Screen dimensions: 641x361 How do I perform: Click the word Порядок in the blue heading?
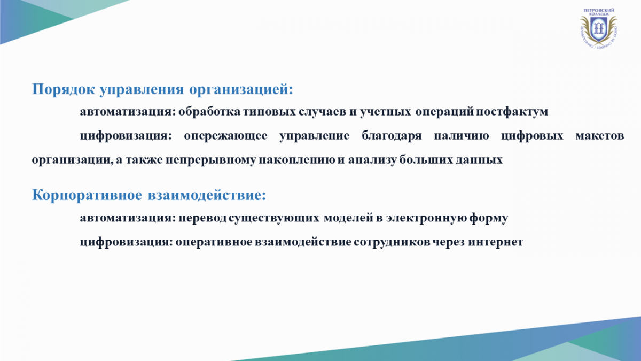tap(63, 89)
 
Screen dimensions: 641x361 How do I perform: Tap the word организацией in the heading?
tap(241, 89)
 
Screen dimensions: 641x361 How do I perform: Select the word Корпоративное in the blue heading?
tap(87, 195)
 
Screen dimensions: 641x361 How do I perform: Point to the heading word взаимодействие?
tap(207, 195)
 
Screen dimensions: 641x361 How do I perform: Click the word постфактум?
tap(512, 111)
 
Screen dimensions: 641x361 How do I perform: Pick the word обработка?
tap(209, 111)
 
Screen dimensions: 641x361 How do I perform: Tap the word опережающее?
tap(225, 135)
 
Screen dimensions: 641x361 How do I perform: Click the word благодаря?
tap(392, 135)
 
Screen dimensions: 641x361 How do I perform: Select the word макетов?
tap(600, 135)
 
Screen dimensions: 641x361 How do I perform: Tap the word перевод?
tap(202, 218)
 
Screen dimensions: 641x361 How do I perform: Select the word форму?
tap(489, 218)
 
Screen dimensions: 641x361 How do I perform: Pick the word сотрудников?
tap(392, 242)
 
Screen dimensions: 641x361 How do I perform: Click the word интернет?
tap(496, 242)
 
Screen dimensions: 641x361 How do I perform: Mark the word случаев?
tap(323, 111)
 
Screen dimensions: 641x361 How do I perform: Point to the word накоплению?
tap(297, 160)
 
